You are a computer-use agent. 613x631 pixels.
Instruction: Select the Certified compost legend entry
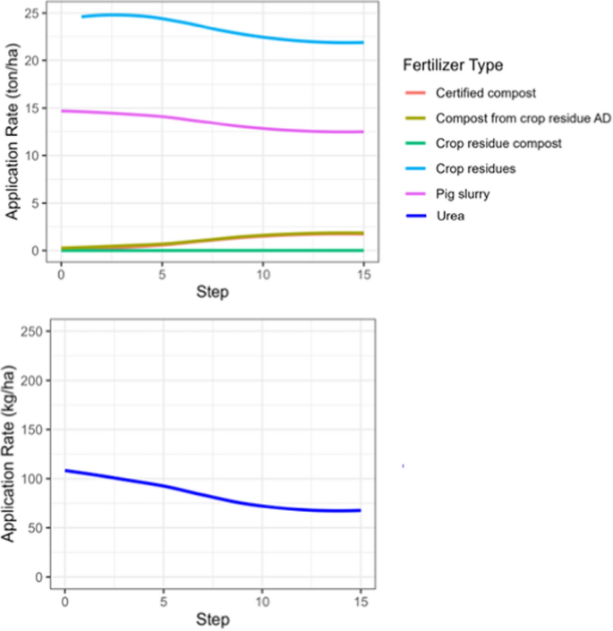point(486,93)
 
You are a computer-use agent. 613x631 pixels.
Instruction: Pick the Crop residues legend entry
point(475,166)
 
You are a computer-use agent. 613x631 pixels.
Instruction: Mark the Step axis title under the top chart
point(212,292)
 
